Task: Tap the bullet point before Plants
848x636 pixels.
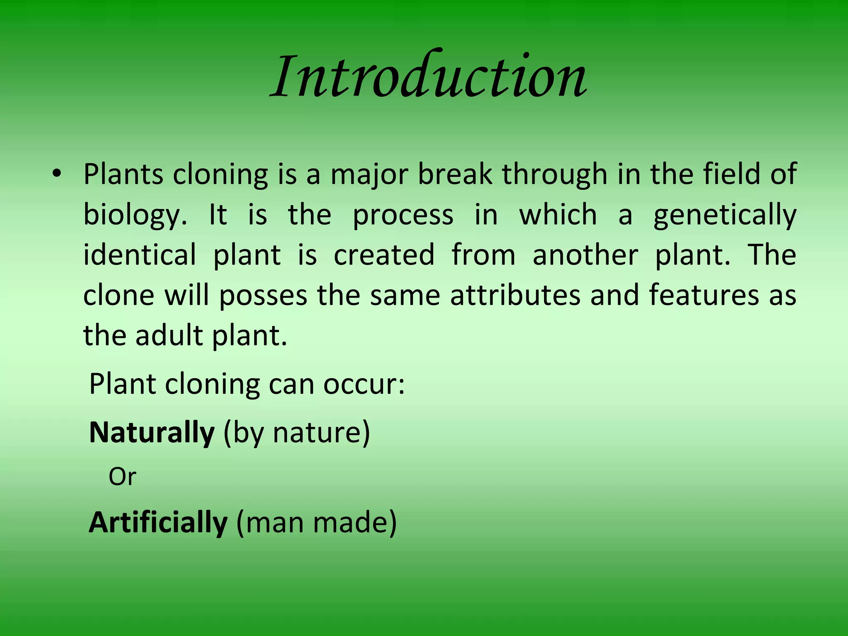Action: pos(57,174)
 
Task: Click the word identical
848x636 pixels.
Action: pos(140,255)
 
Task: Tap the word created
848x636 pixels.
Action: pos(384,255)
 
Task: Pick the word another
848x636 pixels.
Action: pos(585,255)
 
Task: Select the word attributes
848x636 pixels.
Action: pos(515,295)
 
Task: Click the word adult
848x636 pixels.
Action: pos(169,335)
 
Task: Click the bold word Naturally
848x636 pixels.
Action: pos(152,433)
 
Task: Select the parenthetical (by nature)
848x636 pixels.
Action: pos(296,433)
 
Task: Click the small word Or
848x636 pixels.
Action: pos(122,477)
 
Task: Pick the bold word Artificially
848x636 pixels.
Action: pos(158,523)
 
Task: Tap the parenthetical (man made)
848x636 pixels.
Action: pos(316,523)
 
